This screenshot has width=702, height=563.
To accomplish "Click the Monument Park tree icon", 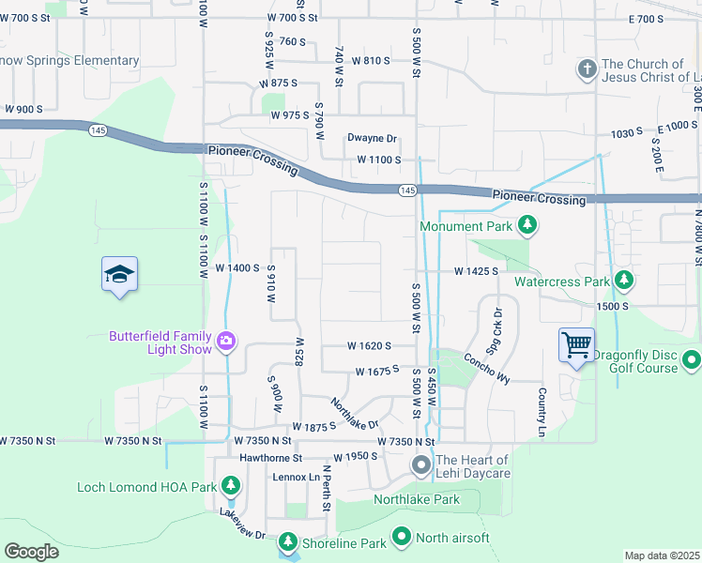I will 528,225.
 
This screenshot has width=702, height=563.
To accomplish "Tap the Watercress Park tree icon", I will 623,281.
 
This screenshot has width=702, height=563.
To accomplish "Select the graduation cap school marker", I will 119,275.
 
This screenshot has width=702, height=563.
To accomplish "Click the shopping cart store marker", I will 575,344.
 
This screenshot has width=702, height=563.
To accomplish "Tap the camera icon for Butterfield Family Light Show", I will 225,342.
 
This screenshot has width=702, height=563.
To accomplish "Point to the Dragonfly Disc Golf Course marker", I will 692,359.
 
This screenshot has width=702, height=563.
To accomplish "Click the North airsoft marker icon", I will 402,537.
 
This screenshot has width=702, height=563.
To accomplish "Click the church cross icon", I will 587,70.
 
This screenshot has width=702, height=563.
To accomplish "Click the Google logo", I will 32,551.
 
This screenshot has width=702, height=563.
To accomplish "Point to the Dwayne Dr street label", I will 372,139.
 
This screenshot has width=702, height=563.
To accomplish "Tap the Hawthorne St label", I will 269,458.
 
